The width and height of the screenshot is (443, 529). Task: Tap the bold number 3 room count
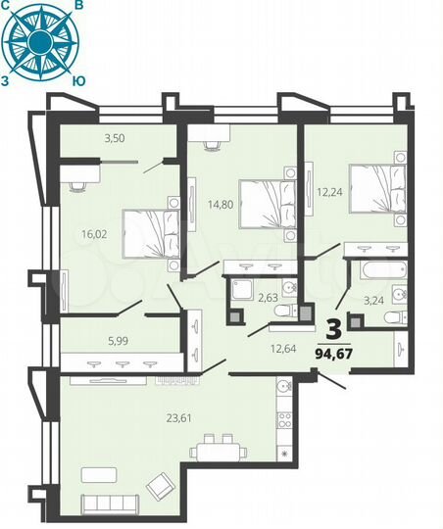click(336, 327)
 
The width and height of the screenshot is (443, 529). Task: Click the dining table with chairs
click(218, 453)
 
